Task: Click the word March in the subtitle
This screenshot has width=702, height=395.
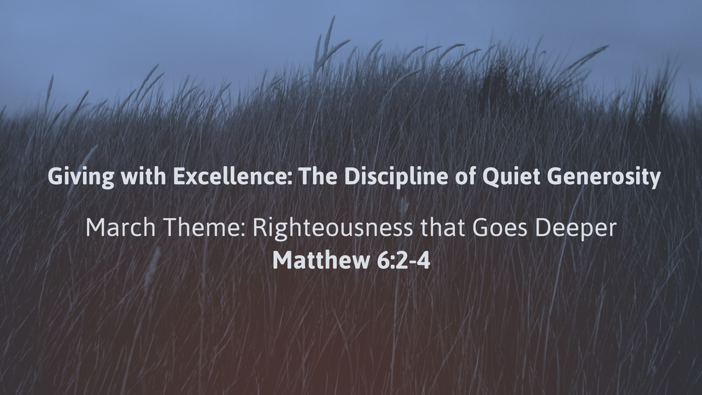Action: (x=121, y=227)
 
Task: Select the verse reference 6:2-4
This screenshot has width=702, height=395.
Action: (x=403, y=260)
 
